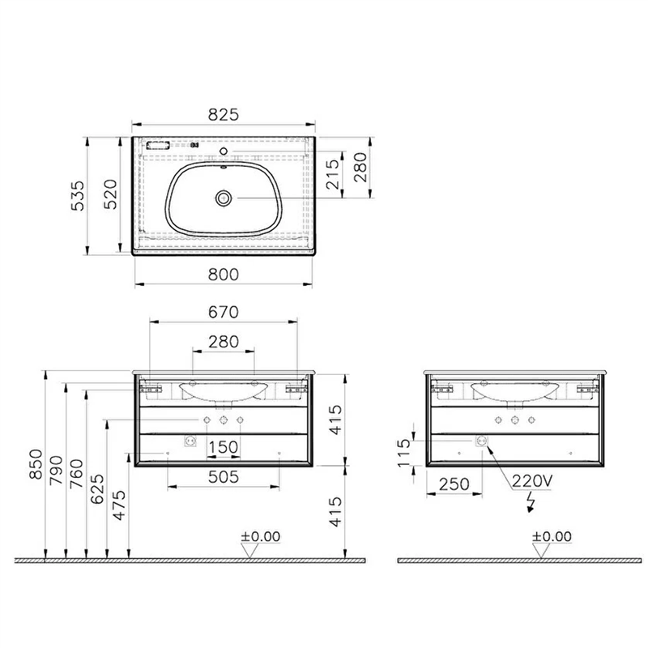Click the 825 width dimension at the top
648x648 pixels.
point(224,114)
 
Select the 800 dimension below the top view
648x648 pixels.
point(224,275)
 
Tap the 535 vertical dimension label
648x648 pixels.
point(78,196)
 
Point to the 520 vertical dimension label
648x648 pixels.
point(110,194)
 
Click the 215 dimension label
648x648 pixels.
point(333,174)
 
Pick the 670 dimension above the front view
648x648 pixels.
point(224,312)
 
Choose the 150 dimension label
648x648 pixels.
point(224,447)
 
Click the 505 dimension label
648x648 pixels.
point(224,477)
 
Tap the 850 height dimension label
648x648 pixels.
point(36,464)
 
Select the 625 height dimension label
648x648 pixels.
point(97,489)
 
